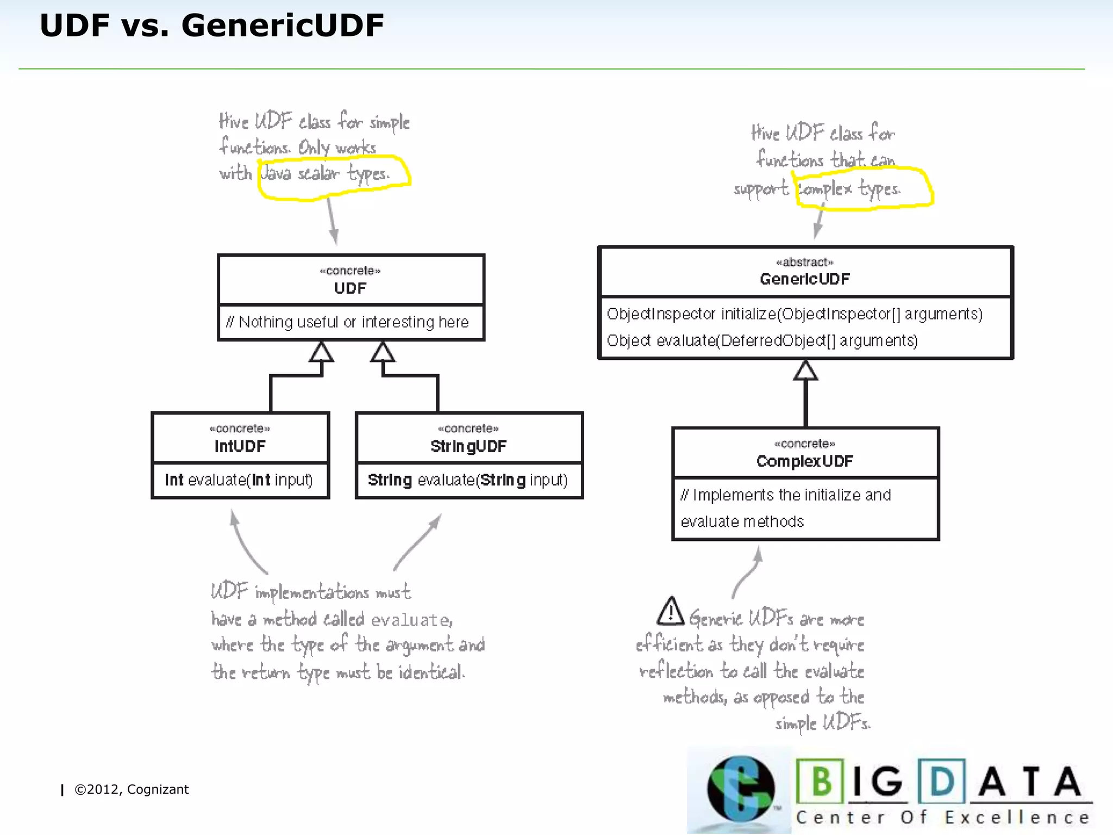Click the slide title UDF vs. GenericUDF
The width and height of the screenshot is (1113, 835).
click(x=211, y=26)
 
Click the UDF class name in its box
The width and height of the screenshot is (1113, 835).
click(x=351, y=288)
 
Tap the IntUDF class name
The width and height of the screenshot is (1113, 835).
click(x=240, y=446)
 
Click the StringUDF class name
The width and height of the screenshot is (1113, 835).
click(x=468, y=446)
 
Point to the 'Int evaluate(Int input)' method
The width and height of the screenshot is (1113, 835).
click(x=239, y=480)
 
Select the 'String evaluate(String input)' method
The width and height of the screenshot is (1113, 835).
click(x=467, y=480)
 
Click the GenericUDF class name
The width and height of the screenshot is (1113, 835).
click(x=804, y=279)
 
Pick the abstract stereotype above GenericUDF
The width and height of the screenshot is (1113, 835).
click(x=804, y=262)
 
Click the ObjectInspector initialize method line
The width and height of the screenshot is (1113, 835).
click(x=794, y=314)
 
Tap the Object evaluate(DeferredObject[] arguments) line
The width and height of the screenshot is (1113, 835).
click(x=762, y=341)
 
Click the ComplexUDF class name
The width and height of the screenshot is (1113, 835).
click(x=805, y=462)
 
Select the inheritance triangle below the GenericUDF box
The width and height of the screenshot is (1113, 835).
click(x=805, y=371)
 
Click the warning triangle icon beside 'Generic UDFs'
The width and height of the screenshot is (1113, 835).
click(x=671, y=612)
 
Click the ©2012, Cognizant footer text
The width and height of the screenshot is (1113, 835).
click(x=132, y=789)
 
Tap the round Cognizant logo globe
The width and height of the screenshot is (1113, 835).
click(x=741, y=789)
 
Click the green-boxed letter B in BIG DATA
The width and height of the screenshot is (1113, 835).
click(x=821, y=781)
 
